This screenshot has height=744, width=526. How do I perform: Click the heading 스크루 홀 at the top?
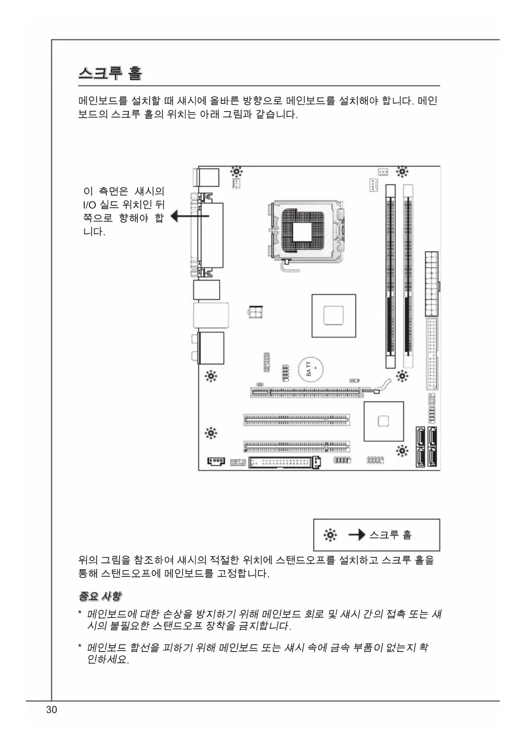110,73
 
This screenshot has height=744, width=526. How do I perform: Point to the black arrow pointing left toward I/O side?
189,216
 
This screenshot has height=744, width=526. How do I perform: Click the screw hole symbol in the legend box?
330,535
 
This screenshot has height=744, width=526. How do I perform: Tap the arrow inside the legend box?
356,535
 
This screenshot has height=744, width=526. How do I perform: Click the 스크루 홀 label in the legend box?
390,535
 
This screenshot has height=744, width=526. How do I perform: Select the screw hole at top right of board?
402,172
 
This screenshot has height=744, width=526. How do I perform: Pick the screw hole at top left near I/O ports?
237,172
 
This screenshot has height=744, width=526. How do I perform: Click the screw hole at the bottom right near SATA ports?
402,450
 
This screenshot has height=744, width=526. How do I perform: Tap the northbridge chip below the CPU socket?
334,316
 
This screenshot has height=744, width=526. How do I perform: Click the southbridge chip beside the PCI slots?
383,421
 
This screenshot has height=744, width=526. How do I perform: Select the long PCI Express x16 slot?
306,392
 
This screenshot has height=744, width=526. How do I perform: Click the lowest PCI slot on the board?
296,447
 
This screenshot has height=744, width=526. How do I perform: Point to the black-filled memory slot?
390,276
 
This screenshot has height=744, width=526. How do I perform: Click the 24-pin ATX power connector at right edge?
431,283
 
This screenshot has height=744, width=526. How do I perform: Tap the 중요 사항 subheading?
100,596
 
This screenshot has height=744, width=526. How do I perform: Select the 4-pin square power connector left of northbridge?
256,313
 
